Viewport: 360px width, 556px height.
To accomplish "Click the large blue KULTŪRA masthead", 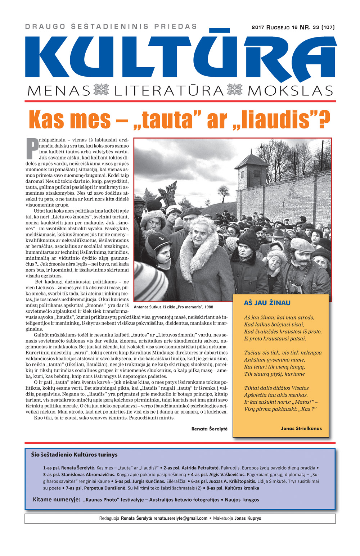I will pyautogui.click(x=180, y=58).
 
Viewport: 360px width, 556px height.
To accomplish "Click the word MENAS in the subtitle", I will pyautogui.click(x=58, y=91).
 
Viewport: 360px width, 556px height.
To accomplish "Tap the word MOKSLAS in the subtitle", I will pyautogui.click(x=290, y=91).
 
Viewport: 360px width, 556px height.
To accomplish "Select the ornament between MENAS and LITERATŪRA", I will pyautogui.click(x=101, y=90).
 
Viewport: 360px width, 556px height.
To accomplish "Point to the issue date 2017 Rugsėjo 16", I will pyautogui.click(x=274, y=27).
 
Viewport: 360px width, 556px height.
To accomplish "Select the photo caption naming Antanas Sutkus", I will pyautogui.click(x=173, y=307).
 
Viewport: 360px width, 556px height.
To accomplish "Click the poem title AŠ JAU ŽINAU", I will pyautogui.click(x=267, y=303).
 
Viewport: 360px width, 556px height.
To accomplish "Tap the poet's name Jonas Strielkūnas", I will pyautogui.click(x=301, y=428).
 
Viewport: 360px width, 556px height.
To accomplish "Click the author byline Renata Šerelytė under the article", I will pyautogui.click(x=209, y=429).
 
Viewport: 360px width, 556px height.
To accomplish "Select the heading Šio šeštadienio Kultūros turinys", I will pyautogui.click(x=74, y=455).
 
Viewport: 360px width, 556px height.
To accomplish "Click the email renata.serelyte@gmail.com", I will pyautogui.click(x=180, y=518).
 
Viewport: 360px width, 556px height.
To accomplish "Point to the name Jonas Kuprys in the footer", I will pyautogui.click(x=248, y=518).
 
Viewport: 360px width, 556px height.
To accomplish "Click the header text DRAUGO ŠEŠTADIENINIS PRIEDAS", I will pyautogui.click(x=111, y=27).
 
